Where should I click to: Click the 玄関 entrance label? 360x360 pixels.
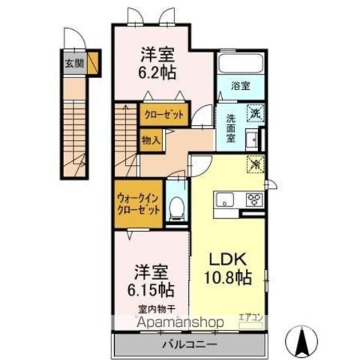click(x=74, y=64)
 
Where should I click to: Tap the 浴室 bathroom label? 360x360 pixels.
click(x=240, y=86)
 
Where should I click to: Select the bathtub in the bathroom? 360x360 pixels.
click(x=240, y=63)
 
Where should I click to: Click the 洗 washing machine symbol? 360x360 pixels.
click(x=255, y=112)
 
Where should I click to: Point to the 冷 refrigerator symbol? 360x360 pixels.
click(x=256, y=164)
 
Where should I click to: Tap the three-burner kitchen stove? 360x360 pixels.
click(x=254, y=199)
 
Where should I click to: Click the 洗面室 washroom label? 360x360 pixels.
click(x=231, y=128)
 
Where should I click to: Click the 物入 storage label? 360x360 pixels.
click(x=151, y=140)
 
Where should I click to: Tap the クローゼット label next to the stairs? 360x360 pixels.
click(x=164, y=115)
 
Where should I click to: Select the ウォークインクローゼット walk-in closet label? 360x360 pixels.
click(x=138, y=204)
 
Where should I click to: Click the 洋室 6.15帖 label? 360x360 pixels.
click(x=151, y=281)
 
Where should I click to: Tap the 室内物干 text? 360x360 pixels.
click(x=157, y=309)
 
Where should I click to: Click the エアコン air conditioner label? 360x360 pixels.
click(x=251, y=318)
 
